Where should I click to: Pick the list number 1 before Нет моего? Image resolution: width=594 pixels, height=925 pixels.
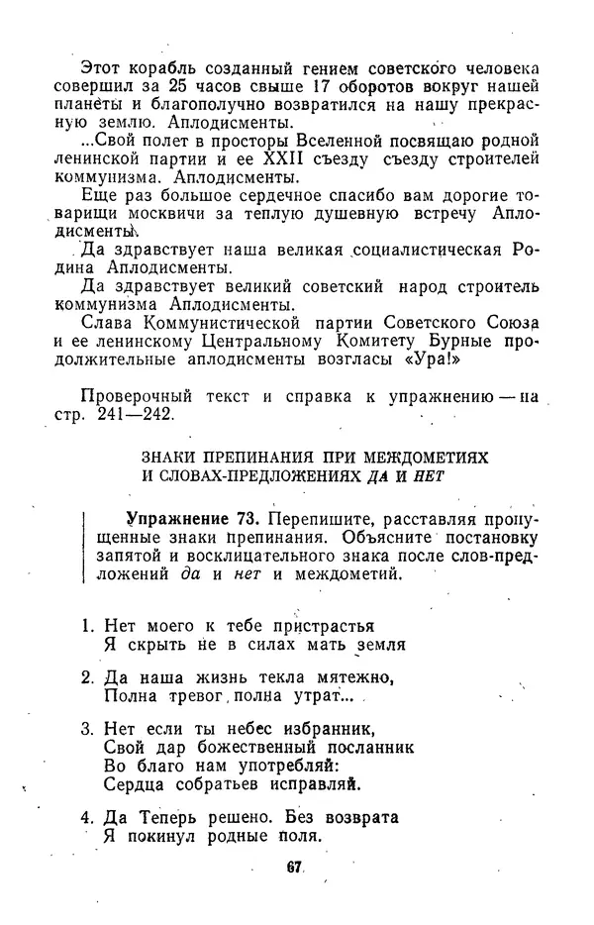pyautogui.click(x=86, y=625)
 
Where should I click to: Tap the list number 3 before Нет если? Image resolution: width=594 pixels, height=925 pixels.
pyautogui.click(x=86, y=728)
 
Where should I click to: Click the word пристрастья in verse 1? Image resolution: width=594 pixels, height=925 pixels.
pyautogui.click(x=327, y=625)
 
